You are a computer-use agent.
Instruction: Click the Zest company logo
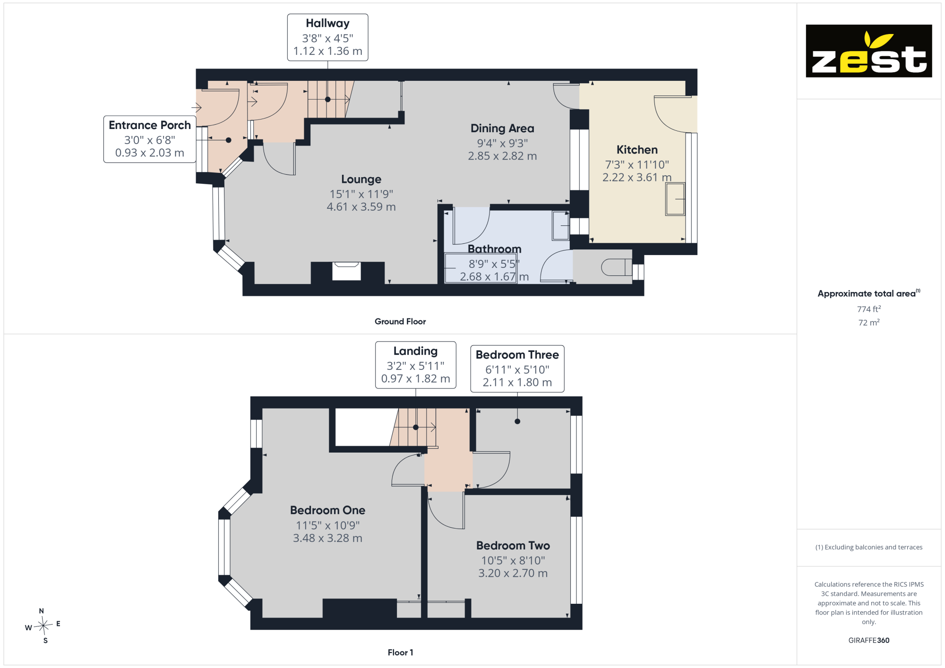pyautogui.click(x=868, y=51)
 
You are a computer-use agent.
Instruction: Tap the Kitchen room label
pyautogui.click(x=637, y=150)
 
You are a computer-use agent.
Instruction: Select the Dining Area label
pyautogui.click(x=502, y=128)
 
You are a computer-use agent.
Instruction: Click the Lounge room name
pyautogui.click(x=361, y=180)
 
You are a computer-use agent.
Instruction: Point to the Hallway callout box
pyautogui.click(x=327, y=37)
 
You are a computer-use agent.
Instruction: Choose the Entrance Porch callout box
pyautogui.click(x=150, y=139)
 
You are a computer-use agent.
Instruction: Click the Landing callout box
pyautogui.click(x=415, y=365)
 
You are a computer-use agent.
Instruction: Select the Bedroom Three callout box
pyautogui.click(x=517, y=368)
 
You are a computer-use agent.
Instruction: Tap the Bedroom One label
pyautogui.click(x=327, y=510)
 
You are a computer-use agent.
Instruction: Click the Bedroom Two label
pyautogui.click(x=513, y=546)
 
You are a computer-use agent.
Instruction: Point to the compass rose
pyautogui.click(x=43, y=626)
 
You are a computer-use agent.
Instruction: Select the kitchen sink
pyautogui.click(x=675, y=199)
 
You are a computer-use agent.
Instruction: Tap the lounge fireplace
pyautogui.click(x=346, y=271)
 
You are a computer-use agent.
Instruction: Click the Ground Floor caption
pyautogui.click(x=400, y=321)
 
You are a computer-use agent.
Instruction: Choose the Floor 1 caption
pyautogui.click(x=400, y=652)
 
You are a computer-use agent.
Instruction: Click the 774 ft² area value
pyautogui.click(x=869, y=309)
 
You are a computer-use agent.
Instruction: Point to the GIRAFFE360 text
pyautogui.click(x=868, y=641)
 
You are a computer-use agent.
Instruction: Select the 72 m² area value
pyautogui.click(x=869, y=323)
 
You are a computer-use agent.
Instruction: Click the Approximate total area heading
pyautogui.click(x=869, y=293)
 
